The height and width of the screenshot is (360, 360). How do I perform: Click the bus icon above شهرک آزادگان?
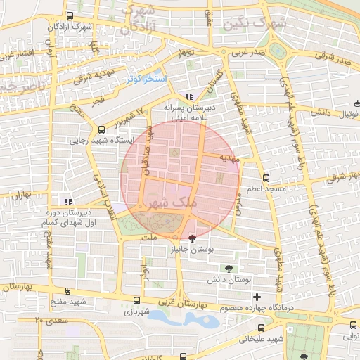pos(68,15)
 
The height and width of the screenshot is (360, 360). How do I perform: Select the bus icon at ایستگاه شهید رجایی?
pos(101,129)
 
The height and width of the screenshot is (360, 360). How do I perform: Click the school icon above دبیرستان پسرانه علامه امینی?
pos(188,96)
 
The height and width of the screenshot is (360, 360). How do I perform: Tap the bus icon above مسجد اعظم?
pos(265,178)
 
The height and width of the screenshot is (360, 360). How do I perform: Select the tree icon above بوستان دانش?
pos(229,268)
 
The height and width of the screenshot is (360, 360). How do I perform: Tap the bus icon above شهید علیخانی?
pos(261,328)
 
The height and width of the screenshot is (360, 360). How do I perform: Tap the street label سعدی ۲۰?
pos(49,320)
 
